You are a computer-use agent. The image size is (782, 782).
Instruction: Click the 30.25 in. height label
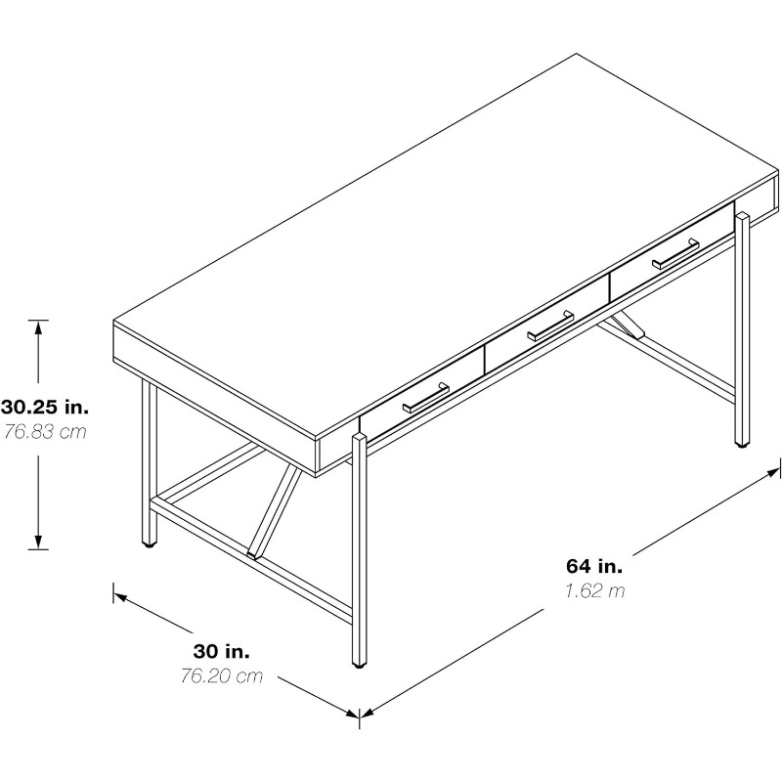pyautogui.click(x=45, y=407)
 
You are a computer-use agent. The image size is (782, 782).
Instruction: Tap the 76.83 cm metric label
pyautogui.click(x=45, y=431)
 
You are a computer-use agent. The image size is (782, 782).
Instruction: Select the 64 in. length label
pyautogui.click(x=594, y=566)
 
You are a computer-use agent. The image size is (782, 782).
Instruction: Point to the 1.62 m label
pyautogui.click(x=594, y=590)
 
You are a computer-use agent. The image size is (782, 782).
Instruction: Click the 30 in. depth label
pyautogui.click(x=222, y=651)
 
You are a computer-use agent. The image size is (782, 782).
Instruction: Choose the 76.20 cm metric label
pyautogui.click(x=222, y=675)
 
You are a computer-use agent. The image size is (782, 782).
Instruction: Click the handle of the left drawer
pyautogui.click(x=426, y=398)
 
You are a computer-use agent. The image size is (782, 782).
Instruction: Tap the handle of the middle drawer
pyautogui.click(x=550, y=326)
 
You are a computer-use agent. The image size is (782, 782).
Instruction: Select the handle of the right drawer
pyautogui.click(x=675, y=254)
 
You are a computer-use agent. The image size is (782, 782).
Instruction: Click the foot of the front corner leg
pyautogui.click(x=360, y=665)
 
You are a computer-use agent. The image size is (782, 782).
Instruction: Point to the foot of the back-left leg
pyautogui.click(x=150, y=544)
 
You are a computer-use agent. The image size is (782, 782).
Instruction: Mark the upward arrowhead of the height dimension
pyautogui.click(x=38, y=326)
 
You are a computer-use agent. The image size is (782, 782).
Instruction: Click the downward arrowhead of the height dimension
pyautogui.click(x=38, y=543)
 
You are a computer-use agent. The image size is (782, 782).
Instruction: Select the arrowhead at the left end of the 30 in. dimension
pyautogui.click(x=119, y=595)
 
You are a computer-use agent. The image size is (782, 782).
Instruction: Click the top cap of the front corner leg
pyautogui.click(x=360, y=437)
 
